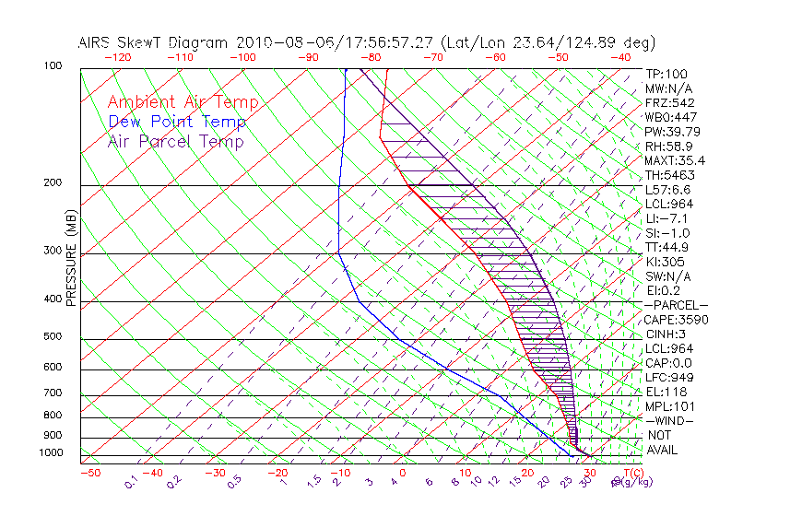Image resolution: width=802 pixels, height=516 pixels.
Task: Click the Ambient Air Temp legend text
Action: (183, 102)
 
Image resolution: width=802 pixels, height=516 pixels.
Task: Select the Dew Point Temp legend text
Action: (177, 122)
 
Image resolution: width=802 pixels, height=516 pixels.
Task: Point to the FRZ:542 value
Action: (669, 102)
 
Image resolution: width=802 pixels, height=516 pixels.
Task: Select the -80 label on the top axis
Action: (370, 57)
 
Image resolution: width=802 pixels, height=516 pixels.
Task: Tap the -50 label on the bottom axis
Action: (89, 473)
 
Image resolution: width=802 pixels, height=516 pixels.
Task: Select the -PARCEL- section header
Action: (676, 305)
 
